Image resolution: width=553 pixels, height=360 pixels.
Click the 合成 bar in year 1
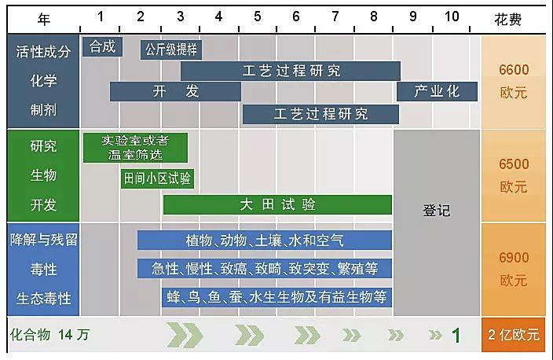102,46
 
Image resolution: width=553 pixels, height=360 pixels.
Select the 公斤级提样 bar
171,50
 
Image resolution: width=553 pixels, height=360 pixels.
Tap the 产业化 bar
437,91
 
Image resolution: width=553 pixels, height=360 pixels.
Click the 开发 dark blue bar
175,91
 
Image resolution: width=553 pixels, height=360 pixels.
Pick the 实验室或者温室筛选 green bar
135,148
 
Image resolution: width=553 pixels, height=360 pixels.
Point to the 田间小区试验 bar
157,178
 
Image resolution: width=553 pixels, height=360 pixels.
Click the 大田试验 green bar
277,204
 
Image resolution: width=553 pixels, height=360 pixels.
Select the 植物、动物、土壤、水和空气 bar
265,240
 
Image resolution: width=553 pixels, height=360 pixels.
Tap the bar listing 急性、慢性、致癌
265,269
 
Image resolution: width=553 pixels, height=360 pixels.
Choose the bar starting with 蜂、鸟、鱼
276,297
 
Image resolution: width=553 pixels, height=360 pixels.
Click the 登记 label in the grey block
437,211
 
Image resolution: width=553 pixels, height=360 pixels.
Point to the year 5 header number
258,17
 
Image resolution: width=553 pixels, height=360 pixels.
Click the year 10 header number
452,17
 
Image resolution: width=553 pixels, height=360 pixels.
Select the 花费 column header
508,19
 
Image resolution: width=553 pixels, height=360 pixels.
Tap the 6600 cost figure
514,70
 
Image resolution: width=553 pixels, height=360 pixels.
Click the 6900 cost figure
514,258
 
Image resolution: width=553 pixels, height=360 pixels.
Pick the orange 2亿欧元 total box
514,335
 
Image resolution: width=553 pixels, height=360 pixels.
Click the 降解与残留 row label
44,240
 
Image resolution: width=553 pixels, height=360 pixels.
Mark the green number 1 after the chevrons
456,336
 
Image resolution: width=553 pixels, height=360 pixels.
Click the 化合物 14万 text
49,335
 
